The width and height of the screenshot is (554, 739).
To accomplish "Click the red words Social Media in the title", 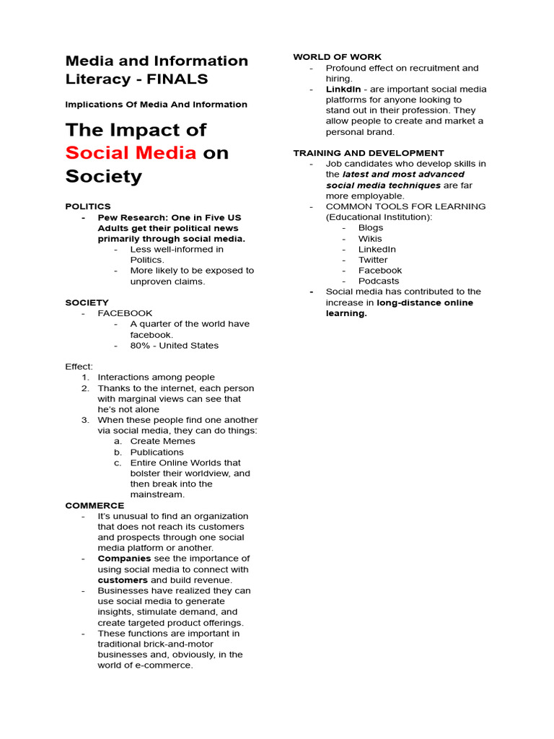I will (131, 153).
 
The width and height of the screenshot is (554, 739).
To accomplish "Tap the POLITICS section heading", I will (88, 206).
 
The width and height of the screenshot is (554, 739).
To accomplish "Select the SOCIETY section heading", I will (87, 302).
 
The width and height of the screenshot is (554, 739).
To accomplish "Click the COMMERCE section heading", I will (94, 505).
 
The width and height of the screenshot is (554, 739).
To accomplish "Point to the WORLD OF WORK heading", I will (337, 57).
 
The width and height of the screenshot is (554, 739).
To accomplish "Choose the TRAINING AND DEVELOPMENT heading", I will (368, 153).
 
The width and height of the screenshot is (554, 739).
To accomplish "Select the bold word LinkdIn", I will (343, 89).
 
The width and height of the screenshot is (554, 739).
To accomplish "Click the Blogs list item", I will (371, 227).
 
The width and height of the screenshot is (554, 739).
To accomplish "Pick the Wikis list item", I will (370, 238).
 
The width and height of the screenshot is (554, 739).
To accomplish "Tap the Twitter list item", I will (373, 260).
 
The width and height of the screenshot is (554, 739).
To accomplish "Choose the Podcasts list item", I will (379, 281).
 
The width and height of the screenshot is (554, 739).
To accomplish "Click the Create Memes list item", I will (162, 441).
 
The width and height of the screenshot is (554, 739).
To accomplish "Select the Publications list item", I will (157, 452).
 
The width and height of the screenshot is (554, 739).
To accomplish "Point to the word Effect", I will (79, 367).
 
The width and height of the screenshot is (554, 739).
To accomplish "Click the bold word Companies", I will (124, 559).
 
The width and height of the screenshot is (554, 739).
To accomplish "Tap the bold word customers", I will (123, 580).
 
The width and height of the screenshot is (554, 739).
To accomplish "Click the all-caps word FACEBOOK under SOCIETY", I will (125, 313).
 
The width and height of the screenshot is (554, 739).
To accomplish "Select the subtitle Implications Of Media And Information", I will (156, 105).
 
